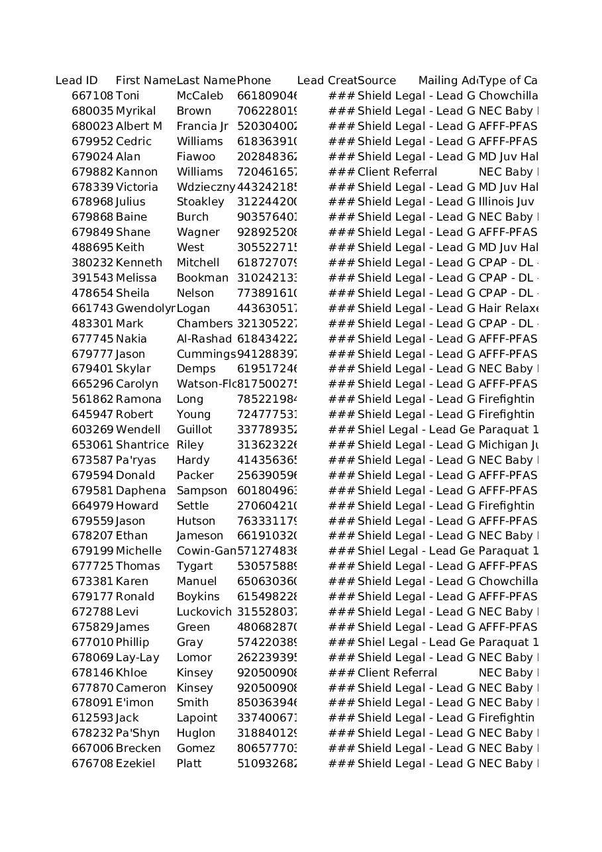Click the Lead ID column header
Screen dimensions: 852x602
coord(76,81)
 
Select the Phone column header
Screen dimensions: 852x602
coord(254,81)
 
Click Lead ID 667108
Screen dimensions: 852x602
coord(92,96)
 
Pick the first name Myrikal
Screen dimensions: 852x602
coord(136,111)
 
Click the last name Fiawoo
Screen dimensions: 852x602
coord(195,157)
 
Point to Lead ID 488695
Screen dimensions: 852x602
coord(92,248)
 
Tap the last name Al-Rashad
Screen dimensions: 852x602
coord(204,339)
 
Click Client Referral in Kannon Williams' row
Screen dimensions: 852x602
coord(397,172)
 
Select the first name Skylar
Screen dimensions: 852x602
coord(133,369)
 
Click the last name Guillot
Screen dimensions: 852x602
coord(194,430)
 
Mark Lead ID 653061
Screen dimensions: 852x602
coord(92,445)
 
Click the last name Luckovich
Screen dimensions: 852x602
coord(204,612)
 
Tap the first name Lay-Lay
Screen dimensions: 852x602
coord(137,658)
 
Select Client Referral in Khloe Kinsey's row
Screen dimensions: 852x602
coord(397,673)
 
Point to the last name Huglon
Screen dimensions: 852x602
coord(195,733)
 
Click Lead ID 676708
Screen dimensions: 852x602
coord(92,764)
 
